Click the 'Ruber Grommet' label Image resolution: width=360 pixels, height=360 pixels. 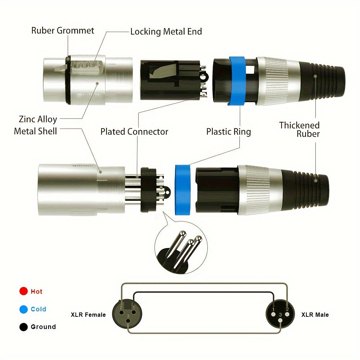click(x=63, y=30)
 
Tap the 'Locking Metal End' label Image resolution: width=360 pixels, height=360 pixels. click(x=166, y=31)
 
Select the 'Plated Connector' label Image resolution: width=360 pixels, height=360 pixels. click(x=134, y=132)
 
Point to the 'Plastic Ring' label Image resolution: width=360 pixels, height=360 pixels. click(x=228, y=132)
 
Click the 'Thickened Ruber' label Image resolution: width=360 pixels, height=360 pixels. click(x=300, y=130)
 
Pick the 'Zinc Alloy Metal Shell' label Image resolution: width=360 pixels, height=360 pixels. click(x=36, y=125)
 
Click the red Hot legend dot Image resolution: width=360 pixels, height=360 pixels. click(x=24, y=291)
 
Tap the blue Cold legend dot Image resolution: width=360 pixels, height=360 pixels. click(x=24, y=309)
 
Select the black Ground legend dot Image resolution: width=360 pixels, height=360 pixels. click(x=24, y=327)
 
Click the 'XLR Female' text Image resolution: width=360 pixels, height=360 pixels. click(x=88, y=315)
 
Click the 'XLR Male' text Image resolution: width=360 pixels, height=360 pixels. click(x=315, y=315)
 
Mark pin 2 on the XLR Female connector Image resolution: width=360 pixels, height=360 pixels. click(x=122, y=308)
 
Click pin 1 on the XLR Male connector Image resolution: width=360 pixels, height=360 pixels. click(x=274, y=309)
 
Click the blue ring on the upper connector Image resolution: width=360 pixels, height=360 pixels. click(x=236, y=81)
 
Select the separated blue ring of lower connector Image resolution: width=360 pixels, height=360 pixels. click(x=183, y=190)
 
